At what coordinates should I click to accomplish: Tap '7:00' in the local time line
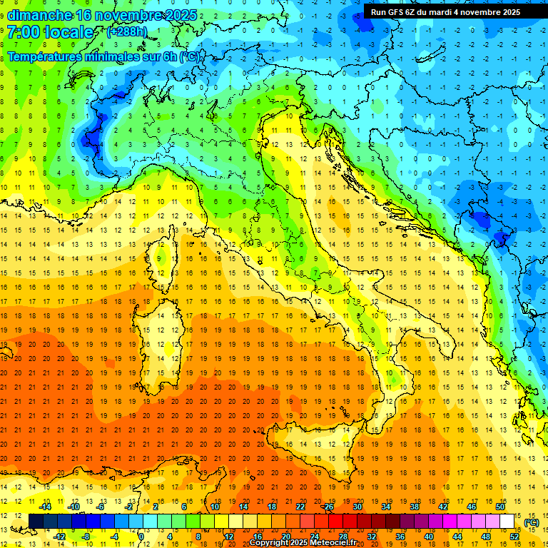click(22, 32)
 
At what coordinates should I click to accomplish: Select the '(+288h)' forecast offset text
click(127, 32)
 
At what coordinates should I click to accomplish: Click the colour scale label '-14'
click(45, 506)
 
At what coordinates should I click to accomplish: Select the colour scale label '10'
click(214, 506)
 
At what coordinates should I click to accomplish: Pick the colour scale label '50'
click(499, 506)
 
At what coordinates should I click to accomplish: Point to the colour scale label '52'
click(514, 537)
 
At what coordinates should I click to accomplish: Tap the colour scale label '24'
click(314, 537)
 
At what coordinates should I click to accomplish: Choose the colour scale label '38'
click(414, 506)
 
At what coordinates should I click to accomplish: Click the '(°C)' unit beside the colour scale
click(531, 522)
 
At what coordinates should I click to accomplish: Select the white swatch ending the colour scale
click(507, 521)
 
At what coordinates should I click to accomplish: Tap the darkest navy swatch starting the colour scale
click(36, 521)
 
